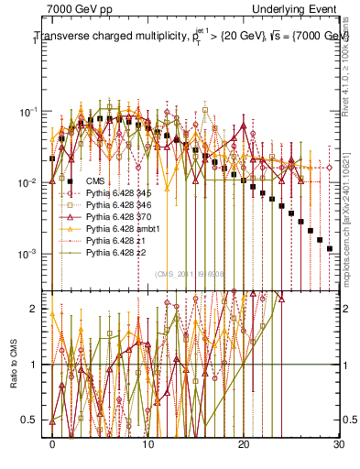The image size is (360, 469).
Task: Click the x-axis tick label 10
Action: [147, 444]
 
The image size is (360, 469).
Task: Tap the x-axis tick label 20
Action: [244, 444]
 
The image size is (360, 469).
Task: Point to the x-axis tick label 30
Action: [339, 444]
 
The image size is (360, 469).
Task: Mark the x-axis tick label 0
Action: [52, 444]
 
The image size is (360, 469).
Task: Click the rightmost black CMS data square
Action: [330, 248]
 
